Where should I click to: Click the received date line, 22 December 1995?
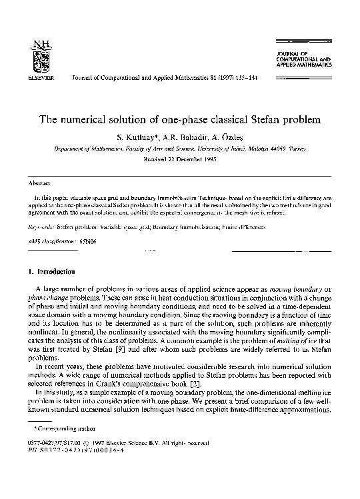pos(179,160)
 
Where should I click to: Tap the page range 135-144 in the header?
pos(245,77)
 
